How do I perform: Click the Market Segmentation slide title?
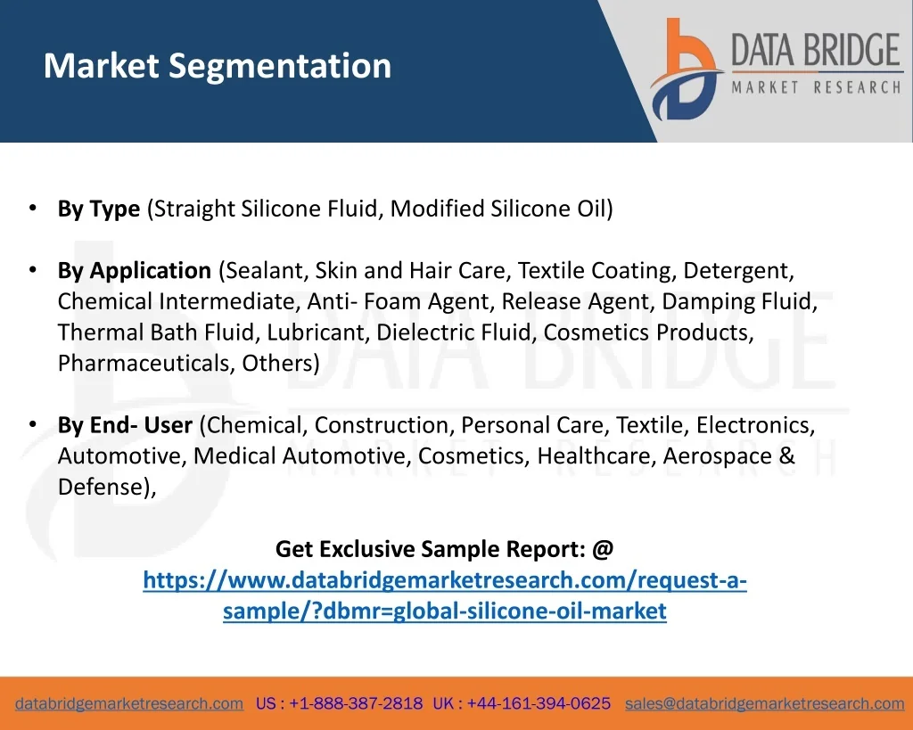click(x=218, y=66)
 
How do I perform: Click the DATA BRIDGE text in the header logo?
click(x=816, y=50)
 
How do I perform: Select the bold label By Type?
click(x=99, y=209)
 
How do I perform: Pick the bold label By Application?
click(x=135, y=271)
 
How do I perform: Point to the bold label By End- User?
click(x=125, y=425)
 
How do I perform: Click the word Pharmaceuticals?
click(x=146, y=364)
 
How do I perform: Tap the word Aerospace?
click(x=718, y=456)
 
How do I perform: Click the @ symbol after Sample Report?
click(x=604, y=549)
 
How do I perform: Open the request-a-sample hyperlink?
click(x=445, y=595)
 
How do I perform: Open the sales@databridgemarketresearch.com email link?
click(x=764, y=704)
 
